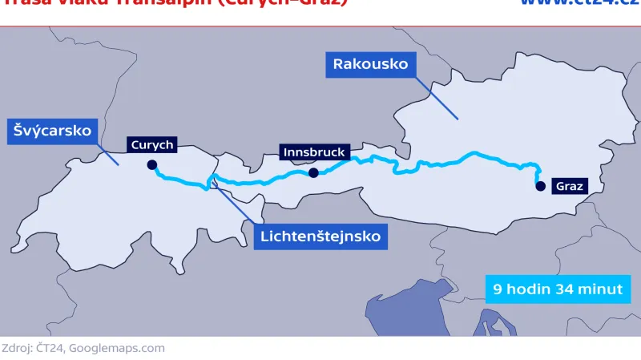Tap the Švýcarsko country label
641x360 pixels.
[52, 130]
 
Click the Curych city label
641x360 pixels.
[151, 145]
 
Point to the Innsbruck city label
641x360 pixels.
[313, 152]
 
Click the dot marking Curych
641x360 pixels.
[151, 166]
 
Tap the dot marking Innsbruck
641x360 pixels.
[313, 172]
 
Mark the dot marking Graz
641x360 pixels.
[541, 186]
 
